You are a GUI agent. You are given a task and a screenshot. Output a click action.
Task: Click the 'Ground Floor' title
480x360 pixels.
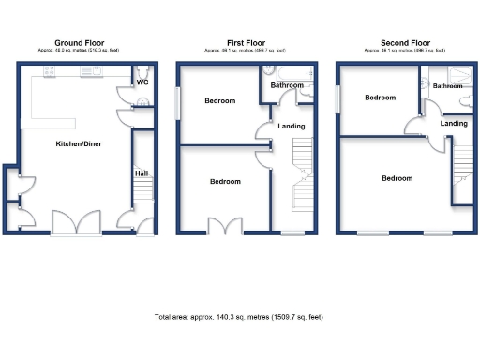click(x=79, y=43)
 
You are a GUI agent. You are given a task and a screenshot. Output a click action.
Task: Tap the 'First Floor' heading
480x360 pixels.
click(x=247, y=43)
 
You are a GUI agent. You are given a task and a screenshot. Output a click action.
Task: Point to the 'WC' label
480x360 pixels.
click(x=142, y=82)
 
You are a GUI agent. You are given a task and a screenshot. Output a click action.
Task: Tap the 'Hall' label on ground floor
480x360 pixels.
click(x=142, y=173)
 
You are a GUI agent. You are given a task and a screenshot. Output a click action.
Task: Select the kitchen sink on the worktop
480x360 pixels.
click(x=97, y=71)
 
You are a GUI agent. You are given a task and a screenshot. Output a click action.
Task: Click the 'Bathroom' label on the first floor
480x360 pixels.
click(x=286, y=86)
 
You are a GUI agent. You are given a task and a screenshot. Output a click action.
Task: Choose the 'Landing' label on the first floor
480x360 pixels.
click(x=289, y=125)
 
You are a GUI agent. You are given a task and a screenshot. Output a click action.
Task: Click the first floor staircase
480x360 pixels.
click(x=302, y=173)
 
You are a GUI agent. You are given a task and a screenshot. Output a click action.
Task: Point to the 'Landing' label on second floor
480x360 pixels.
click(x=454, y=123)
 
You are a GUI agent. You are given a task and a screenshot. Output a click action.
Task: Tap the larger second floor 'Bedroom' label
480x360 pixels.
click(x=396, y=178)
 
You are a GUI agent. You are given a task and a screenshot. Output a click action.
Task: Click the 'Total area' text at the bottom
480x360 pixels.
click(x=239, y=317)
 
